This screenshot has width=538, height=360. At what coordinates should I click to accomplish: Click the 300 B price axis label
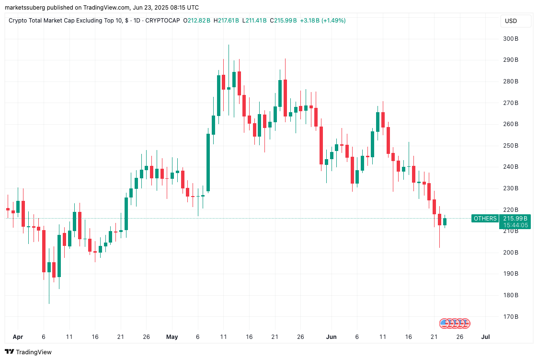coord(510,39)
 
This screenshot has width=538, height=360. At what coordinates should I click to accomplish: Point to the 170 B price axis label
coord(510,316)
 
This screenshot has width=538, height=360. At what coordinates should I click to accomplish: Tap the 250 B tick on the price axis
coord(510,146)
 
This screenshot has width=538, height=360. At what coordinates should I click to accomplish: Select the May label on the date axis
coord(172,337)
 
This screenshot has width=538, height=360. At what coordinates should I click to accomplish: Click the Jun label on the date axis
coord(331,337)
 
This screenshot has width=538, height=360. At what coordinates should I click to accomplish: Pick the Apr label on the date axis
coord(17,337)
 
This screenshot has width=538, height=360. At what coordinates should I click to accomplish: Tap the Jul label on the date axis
coord(485,337)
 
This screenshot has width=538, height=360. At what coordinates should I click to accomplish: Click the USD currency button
coord(511,21)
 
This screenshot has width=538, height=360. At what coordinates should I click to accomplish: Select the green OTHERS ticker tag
coord(485,219)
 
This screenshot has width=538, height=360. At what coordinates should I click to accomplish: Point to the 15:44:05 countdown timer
coord(515,225)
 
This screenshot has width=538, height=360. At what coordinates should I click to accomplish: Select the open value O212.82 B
coord(197,21)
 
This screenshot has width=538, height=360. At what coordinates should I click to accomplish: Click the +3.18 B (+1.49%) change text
coord(323,21)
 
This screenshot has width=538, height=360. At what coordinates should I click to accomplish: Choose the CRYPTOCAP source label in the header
coord(162,21)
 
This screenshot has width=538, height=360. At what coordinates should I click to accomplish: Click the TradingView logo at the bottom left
coord(28,352)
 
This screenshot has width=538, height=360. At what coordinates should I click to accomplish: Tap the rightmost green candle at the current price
coord(445,221)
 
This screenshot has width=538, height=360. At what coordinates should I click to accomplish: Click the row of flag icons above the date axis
coord(455,323)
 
